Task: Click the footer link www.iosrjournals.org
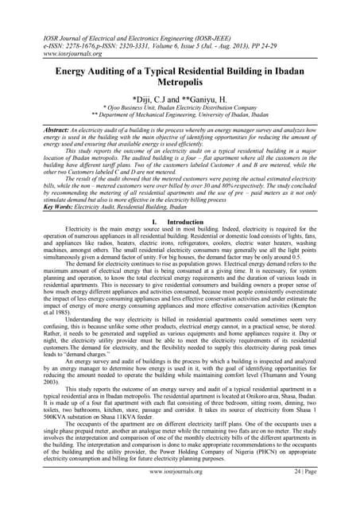click(178, 495)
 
